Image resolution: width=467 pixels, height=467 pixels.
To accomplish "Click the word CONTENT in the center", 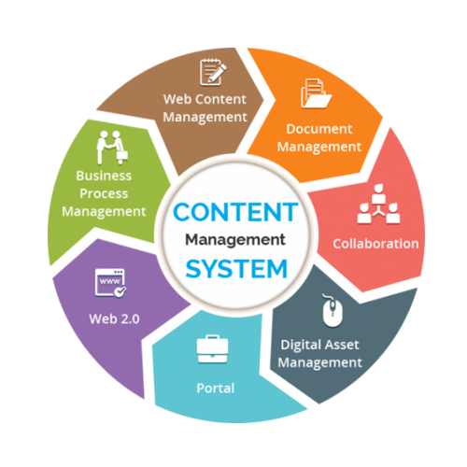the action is tap(235, 212).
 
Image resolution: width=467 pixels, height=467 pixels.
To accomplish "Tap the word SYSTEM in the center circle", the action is tap(236, 269).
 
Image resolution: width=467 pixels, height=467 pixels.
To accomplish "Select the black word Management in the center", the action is tap(235, 240).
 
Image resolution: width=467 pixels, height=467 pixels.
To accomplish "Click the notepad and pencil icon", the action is tap(213, 72).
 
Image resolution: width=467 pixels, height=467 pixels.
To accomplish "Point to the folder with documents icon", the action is tap(316, 93).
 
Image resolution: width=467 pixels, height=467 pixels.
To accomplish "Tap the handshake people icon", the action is tap(112, 148).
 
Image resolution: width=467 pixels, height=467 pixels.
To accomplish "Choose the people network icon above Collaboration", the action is tap(378, 204).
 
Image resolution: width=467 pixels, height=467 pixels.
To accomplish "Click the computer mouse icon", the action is tap(332, 310).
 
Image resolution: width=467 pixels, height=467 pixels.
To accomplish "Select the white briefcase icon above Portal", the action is tap(213, 349).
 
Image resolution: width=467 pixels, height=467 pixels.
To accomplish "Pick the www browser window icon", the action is tap(110, 283).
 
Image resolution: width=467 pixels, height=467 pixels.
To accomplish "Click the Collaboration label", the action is tap(375, 244).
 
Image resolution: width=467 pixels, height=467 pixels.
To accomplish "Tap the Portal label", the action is tap(216, 389).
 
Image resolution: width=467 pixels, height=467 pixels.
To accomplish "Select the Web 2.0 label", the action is tap(114, 318).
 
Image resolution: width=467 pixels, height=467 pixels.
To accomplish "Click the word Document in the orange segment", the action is tap(319, 129).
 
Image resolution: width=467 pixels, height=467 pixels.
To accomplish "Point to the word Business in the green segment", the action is tap(104, 176).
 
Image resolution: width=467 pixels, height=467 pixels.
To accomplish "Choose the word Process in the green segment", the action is tap(104, 193).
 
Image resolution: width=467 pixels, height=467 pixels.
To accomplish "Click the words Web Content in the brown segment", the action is tap(205, 99).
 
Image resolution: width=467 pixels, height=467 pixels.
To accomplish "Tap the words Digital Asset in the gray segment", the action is tap(319, 345).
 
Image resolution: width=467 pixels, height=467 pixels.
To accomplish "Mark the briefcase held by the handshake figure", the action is tap(122, 156).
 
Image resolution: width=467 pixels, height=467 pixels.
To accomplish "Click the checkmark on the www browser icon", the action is tap(120, 291).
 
